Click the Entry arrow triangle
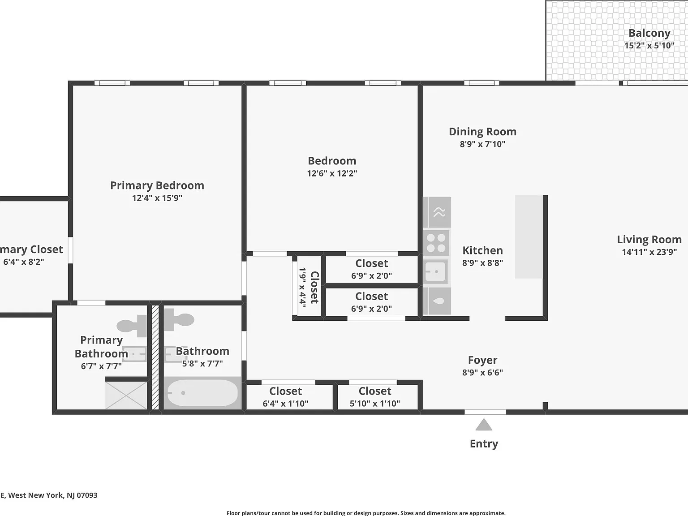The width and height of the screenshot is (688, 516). click(484, 425)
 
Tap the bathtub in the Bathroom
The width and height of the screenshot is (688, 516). click(202, 393)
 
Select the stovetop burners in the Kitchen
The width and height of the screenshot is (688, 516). click(436, 243)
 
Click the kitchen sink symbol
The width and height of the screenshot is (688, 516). click(436, 271)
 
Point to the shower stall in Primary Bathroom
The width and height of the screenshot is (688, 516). click(126, 395)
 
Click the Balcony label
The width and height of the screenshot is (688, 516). click(649, 33)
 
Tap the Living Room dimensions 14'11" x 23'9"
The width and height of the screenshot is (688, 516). click(649, 252)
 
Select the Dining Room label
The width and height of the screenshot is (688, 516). click(482, 132)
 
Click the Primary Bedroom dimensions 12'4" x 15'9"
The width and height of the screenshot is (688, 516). click(157, 198)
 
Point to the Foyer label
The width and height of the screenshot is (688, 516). click(482, 360)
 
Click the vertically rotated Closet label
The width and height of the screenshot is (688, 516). click(314, 288)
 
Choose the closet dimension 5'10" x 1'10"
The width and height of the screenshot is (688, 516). click(375, 404)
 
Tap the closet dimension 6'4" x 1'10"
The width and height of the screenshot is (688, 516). click(285, 404)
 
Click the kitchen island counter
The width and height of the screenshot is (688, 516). click(529, 237)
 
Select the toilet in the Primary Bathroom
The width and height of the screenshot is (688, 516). click(132, 326)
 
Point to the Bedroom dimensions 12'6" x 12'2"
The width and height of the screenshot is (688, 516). click(332, 173)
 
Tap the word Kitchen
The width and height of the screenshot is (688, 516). click(482, 250)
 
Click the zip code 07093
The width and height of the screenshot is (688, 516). click(87, 495)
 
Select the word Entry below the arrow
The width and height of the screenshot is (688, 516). click(484, 444)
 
